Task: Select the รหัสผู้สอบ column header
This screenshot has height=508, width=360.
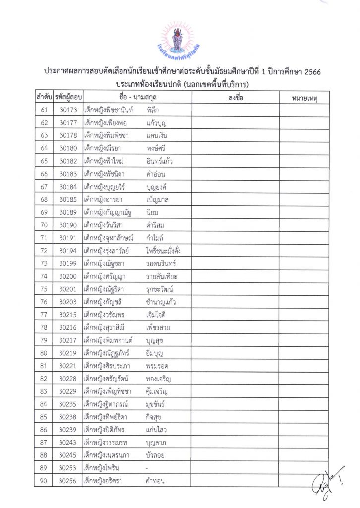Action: pos(68,98)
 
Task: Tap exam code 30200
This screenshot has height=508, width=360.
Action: pos(68,276)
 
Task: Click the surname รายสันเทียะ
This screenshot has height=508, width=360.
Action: pos(162,276)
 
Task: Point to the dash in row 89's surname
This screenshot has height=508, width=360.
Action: pos(148,468)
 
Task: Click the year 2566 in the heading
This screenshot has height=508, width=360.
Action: pos(310,72)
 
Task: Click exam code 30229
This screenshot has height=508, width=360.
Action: pos(68,391)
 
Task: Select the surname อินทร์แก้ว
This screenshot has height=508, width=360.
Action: pos(160,161)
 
